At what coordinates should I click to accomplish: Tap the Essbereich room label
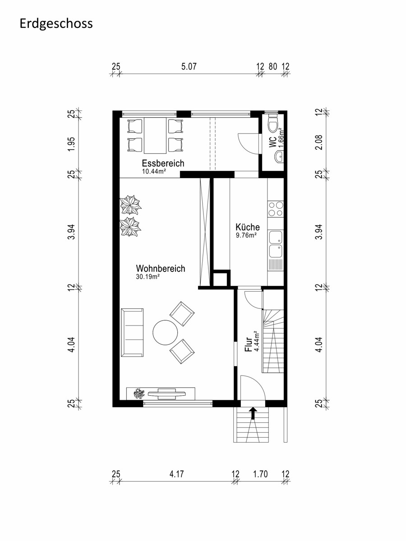point(163,163)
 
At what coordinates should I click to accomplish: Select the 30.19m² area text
point(148,277)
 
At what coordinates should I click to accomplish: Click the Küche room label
point(248,227)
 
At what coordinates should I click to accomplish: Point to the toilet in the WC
point(273,123)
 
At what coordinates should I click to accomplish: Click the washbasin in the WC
point(279,156)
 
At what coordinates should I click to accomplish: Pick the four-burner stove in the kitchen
point(276,209)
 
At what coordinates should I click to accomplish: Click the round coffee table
point(165,332)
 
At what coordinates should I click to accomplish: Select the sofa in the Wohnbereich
point(132,332)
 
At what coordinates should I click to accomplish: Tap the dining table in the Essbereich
point(155,136)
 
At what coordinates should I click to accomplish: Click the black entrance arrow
point(253,413)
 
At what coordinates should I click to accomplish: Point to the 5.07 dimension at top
point(189,66)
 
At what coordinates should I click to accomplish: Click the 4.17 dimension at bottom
point(176,474)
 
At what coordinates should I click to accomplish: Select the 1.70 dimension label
point(260,474)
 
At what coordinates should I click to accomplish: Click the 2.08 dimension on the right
point(319,142)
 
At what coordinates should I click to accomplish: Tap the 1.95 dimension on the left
point(71,144)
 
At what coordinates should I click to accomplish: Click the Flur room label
point(248,344)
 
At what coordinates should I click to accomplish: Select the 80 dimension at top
point(272,66)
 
